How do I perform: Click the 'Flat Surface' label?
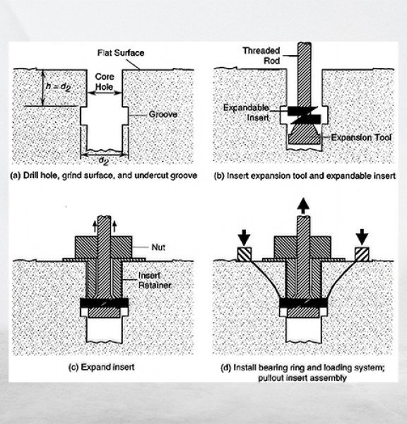pos(121,53)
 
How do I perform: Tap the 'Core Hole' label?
pos(105,82)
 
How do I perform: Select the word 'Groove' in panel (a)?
pos(163,114)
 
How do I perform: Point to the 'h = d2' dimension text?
pos(59,86)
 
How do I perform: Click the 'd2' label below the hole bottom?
pos(104,160)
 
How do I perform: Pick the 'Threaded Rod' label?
pos(261,55)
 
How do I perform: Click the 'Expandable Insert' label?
pos(246,113)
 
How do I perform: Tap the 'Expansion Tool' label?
pos(361,138)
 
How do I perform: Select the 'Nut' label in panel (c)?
pos(158,247)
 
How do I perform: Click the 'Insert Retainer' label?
pos(155,281)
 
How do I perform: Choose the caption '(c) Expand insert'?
pos(102,367)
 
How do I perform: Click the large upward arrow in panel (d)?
pos(303,206)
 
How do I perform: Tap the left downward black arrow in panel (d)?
pos(244,237)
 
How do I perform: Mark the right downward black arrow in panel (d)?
pos(362,237)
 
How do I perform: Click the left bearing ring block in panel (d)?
pos(244,254)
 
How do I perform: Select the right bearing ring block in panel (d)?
pos(362,254)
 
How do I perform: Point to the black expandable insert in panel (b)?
pos(305,115)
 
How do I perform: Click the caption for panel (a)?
pos(104,175)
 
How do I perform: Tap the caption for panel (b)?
pos(305,176)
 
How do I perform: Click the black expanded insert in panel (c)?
pos(104,303)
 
